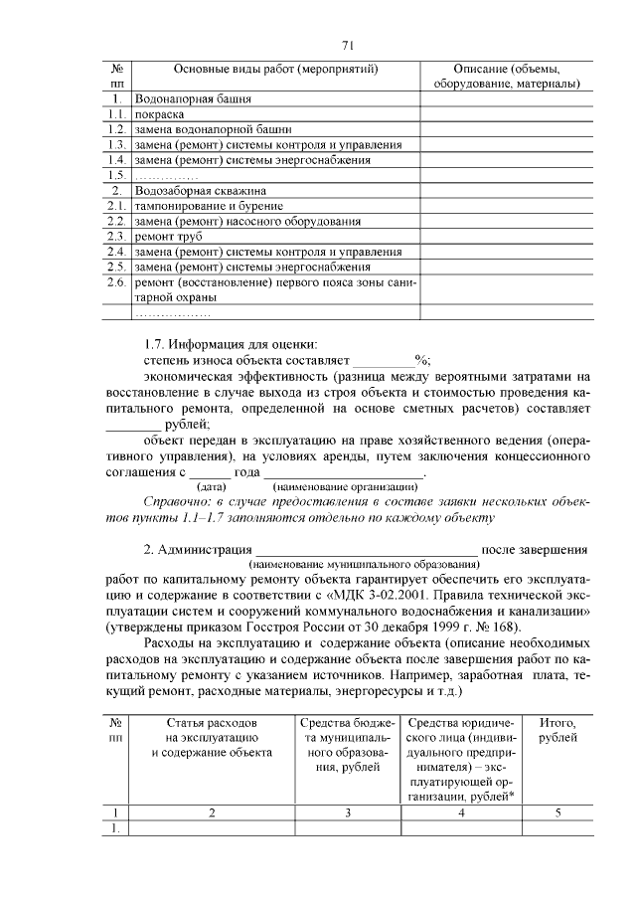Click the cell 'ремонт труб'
pos(168,237)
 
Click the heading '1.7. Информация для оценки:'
pos(230,345)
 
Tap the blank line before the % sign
pos(385,362)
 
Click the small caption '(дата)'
pos(211,487)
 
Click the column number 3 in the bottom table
pos(347,812)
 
